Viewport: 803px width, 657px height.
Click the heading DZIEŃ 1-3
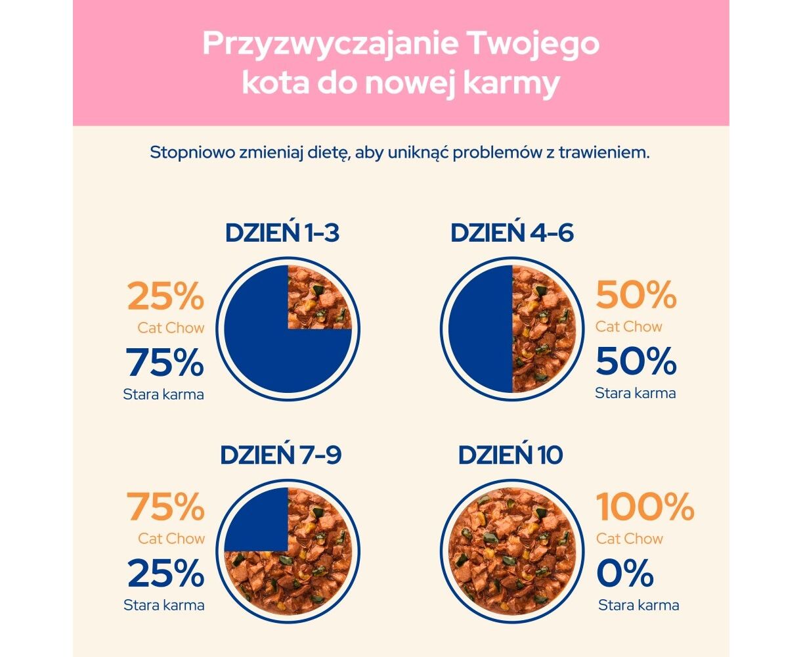(x=282, y=233)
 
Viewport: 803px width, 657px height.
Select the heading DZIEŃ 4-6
(x=511, y=233)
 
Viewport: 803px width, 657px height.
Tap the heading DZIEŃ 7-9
(x=280, y=455)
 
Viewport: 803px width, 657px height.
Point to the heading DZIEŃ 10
(x=510, y=455)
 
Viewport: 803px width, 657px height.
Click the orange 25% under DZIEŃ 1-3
(x=165, y=297)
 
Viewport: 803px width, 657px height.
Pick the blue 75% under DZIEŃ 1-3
(x=165, y=362)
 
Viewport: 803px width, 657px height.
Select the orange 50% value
(x=636, y=296)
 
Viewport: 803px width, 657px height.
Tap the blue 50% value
(x=636, y=361)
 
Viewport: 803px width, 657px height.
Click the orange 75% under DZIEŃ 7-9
(x=165, y=507)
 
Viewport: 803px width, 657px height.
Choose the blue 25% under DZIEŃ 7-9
(x=165, y=573)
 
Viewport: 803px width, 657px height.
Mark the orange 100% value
(x=645, y=507)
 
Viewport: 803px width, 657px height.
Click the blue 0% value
(x=624, y=573)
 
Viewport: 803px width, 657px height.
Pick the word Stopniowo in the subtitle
(x=188, y=153)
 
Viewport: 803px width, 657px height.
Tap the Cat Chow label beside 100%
(x=629, y=539)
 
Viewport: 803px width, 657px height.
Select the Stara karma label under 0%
(x=638, y=605)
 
